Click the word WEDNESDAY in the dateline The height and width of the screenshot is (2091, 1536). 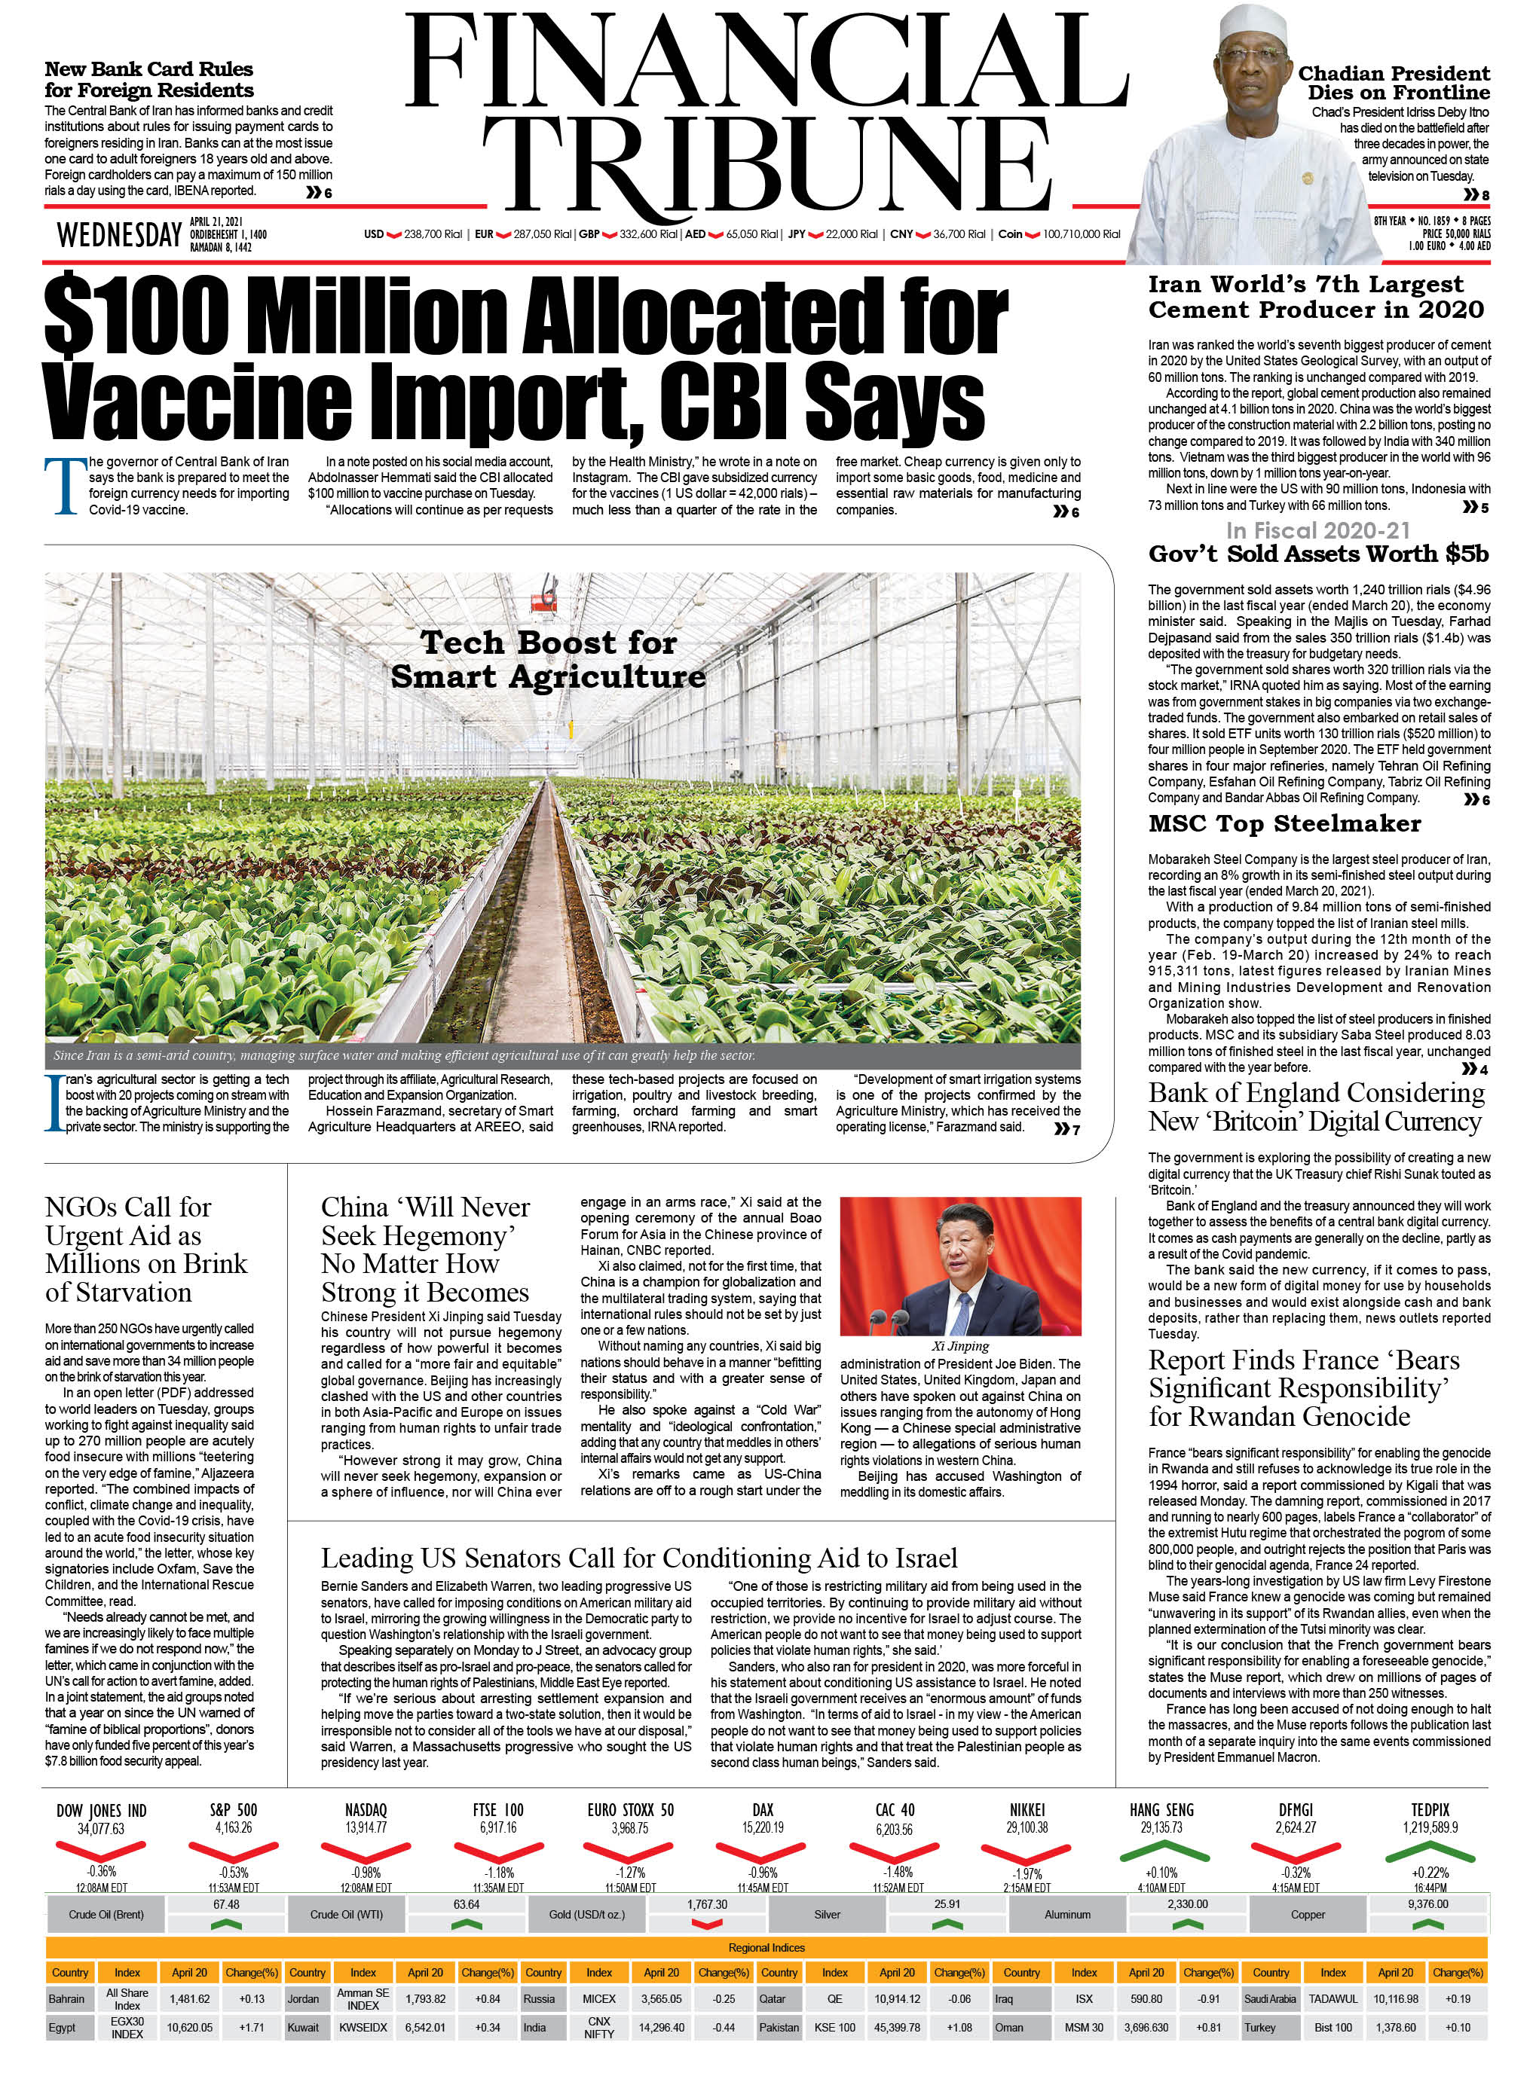click(119, 235)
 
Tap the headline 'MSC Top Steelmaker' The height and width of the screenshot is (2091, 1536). click(1284, 823)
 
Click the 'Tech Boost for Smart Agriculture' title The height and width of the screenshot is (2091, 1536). click(548, 659)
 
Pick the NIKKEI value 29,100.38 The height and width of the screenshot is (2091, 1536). click(1027, 1827)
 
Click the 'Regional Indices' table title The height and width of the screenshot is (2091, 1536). click(766, 1947)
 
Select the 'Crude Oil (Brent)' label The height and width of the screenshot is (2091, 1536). click(106, 1915)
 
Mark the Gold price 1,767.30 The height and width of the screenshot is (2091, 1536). click(707, 1904)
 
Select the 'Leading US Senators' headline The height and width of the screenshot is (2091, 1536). click(639, 1558)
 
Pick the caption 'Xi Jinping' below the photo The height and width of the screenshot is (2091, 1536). click(960, 1346)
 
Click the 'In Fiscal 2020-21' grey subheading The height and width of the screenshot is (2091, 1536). click(1317, 530)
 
